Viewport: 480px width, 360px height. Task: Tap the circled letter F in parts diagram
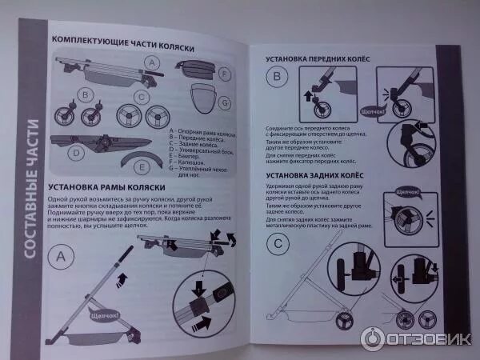[225, 74]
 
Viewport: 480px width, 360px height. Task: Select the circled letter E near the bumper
[142, 167]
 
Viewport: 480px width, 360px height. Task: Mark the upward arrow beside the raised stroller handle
[122, 278]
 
